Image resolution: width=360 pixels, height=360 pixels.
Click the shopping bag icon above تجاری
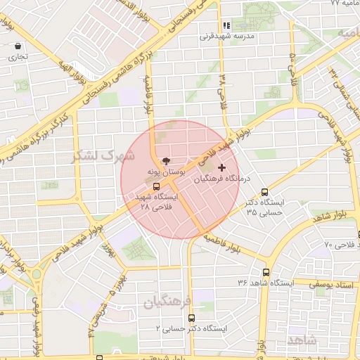pos(17,46)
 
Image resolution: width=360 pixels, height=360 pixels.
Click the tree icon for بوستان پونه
pos(166,160)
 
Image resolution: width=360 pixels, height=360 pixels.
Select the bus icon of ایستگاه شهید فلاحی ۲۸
pos(156,186)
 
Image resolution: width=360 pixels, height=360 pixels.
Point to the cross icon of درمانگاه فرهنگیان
pos(222,167)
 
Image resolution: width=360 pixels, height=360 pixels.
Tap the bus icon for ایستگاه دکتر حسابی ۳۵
pos(264,191)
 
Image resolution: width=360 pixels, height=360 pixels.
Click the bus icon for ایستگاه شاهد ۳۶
pos(266,272)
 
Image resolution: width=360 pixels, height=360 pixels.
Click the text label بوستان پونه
pos(166,172)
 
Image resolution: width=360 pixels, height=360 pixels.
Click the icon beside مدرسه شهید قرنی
pos(226,25)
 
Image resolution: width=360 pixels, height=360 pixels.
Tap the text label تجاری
pos(18,57)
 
